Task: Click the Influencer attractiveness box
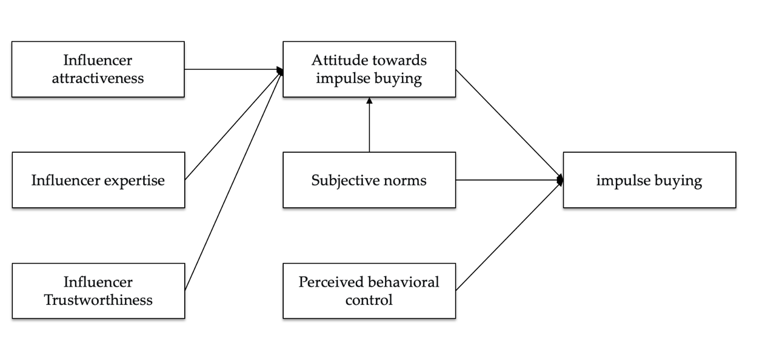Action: pyautogui.click(x=98, y=69)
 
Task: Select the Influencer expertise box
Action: pyautogui.click(x=98, y=180)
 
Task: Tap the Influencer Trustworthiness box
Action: pyautogui.click(x=98, y=291)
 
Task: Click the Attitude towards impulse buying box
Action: pyautogui.click(x=369, y=69)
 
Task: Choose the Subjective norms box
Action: pyautogui.click(x=369, y=180)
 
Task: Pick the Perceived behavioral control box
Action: pyautogui.click(x=369, y=291)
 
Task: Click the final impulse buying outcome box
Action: pyautogui.click(x=649, y=180)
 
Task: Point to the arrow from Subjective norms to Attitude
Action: pyautogui.click(x=369, y=127)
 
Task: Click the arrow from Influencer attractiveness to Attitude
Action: pyautogui.click(x=233, y=69)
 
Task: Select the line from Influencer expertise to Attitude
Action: pyautogui.click(x=233, y=125)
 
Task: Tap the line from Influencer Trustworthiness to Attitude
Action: pyautogui.click(x=233, y=180)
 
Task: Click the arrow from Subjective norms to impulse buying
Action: pyautogui.click(x=509, y=180)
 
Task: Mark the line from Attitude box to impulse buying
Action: pyautogui.click(x=509, y=124)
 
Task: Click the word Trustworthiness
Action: pyautogui.click(x=98, y=300)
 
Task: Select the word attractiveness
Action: pyautogui.click(x=98, y=78)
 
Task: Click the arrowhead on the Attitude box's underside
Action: pyautogui.click(x=369, y=101)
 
